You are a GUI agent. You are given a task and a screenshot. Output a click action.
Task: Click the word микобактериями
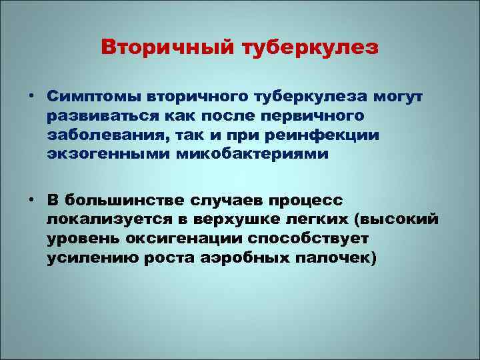coord(239,155)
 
